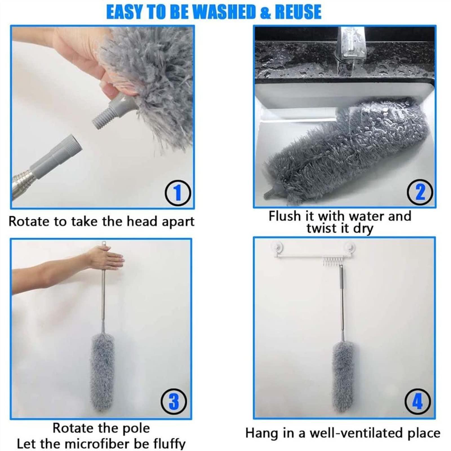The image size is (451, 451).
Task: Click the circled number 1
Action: coord(178,193)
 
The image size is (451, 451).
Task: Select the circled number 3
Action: coord(174,402)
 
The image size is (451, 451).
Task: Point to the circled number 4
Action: coord(417,402)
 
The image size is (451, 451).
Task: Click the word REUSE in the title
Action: coord(298,12)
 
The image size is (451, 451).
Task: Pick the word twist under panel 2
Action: coord(321,228)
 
